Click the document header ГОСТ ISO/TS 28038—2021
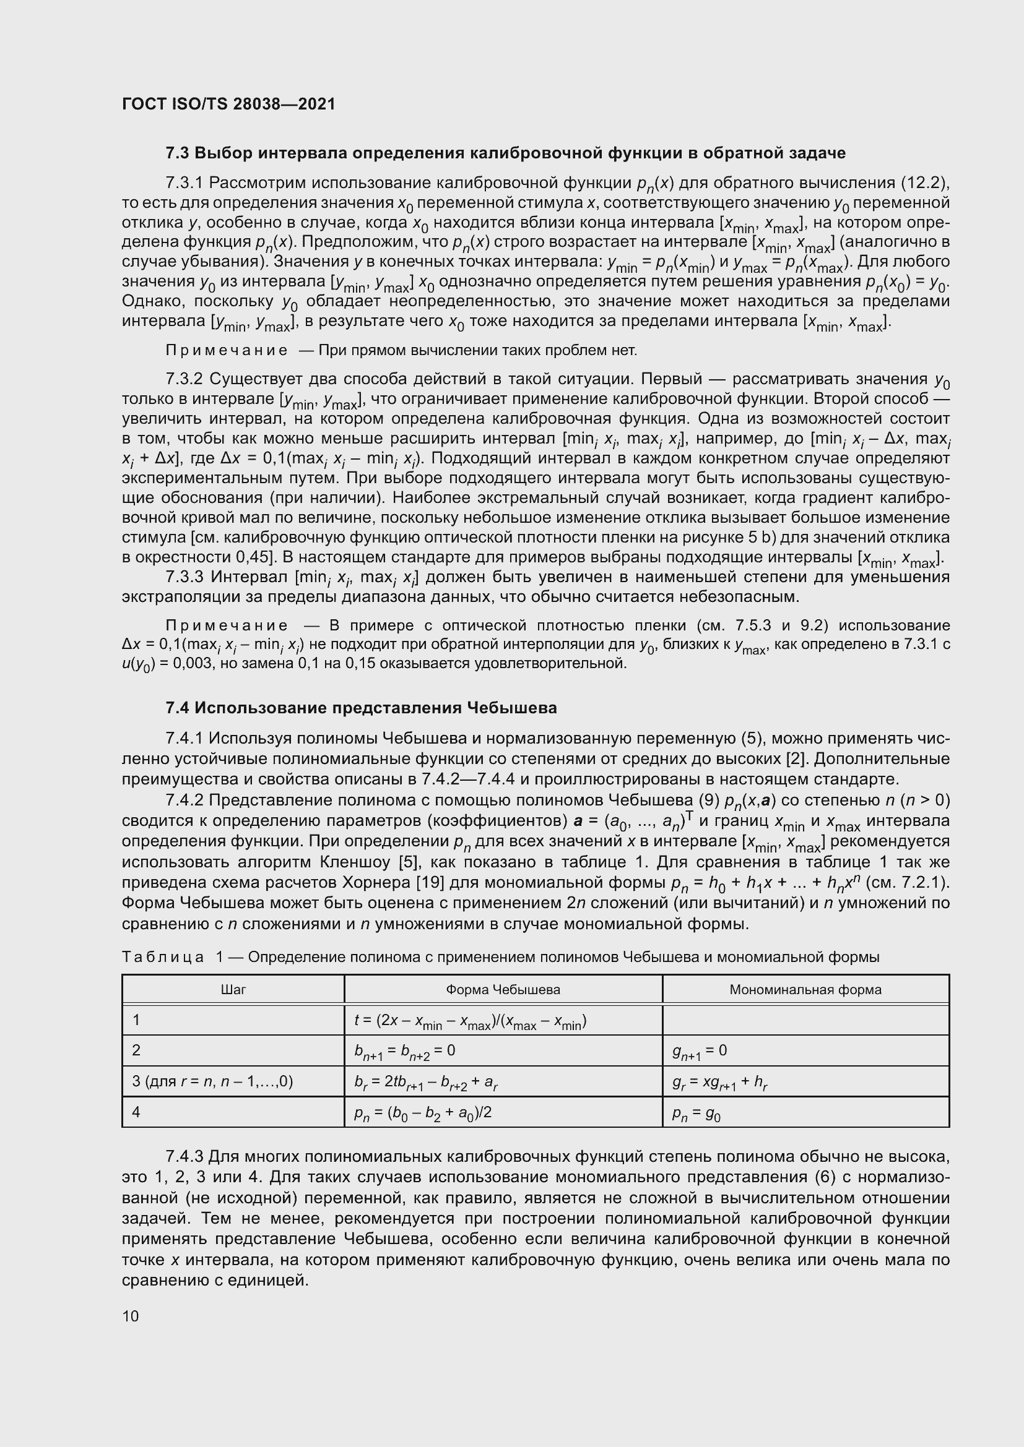228,104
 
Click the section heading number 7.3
177,153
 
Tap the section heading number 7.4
177,708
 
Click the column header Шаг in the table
233,989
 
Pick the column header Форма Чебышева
503,989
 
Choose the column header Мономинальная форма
805,989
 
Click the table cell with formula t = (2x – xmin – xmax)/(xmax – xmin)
470,1021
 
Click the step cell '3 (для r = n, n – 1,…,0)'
212,1081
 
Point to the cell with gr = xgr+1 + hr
719,1082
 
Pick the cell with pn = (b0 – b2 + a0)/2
422,1113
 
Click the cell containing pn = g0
696,1113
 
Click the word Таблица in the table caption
163,957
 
